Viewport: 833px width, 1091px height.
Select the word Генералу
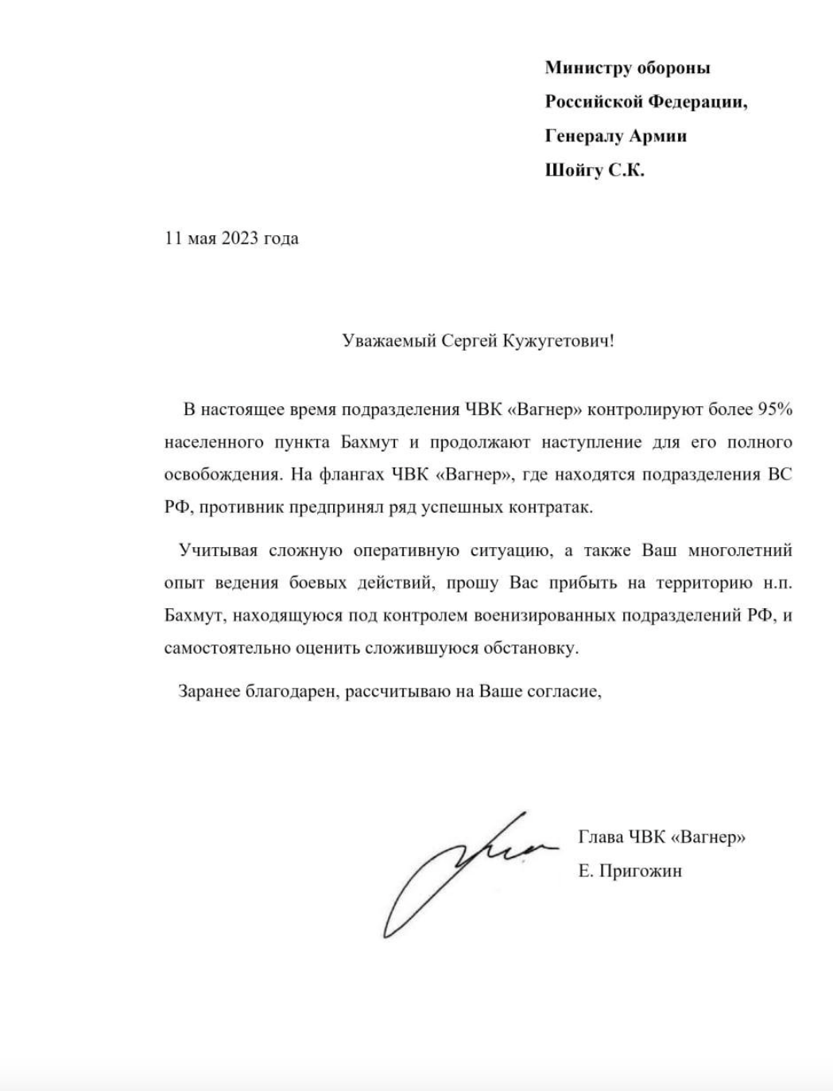click(x=584, y=136)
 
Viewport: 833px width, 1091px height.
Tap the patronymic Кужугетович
click(x=556, y=341)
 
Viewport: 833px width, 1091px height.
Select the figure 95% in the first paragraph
click(x=775, y=410)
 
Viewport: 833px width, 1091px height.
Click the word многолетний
click(x=739, y=550)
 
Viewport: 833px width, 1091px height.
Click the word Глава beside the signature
click(x=601, y=837)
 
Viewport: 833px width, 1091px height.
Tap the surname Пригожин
click(x=641, y=872)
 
